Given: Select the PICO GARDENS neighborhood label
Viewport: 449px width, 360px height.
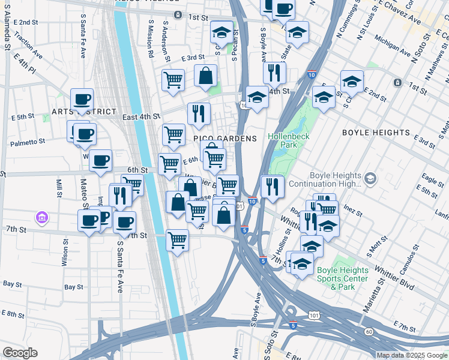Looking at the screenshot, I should tap(224, 139).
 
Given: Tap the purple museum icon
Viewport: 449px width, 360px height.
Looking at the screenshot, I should tap(41, 216).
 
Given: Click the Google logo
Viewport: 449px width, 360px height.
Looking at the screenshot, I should tap(20, 353).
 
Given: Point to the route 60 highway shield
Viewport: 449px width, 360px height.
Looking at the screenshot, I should tap(368, 332).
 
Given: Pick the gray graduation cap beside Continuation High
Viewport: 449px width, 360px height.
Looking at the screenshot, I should tap(370, 178).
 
